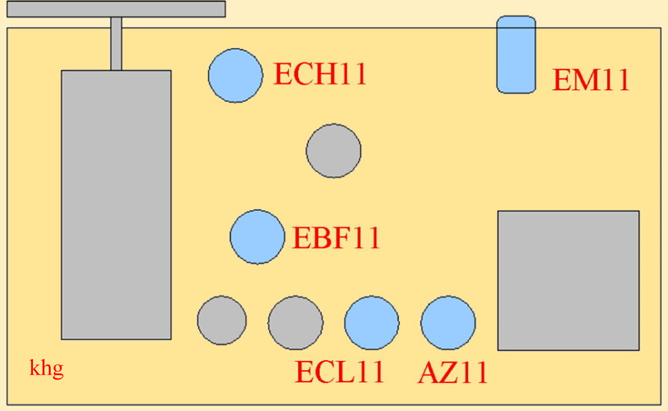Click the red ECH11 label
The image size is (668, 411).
[x=320, y=74]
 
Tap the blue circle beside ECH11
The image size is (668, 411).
[x=235, y=75]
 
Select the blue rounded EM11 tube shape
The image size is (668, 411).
[x=516, y=54]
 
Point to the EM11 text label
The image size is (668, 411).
[x=591, y=80]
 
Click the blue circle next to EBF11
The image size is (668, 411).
[x=257, y=237]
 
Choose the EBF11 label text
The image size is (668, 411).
[x=336, y=238]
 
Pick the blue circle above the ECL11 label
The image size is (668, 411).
[x=371, y=323]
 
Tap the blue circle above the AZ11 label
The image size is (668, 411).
[x=448, y=323]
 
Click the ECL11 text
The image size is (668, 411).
[x=339, y=372]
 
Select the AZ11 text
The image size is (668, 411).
[x=453, y=372]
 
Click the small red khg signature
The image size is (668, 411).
[x=46, y=369]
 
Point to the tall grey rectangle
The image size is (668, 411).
[x=116, y=205]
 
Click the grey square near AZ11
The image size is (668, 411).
[x=568, y=281]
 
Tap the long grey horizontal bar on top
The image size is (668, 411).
[x=116, y=9]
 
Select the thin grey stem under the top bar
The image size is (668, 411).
[x=116, y=43]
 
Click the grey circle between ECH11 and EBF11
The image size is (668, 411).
[x=334, y=151]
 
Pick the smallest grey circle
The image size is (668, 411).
[x=222, y=320]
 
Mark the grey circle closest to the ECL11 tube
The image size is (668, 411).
[x=295, y=323]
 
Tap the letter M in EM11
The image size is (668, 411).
[x=586, y=80]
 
